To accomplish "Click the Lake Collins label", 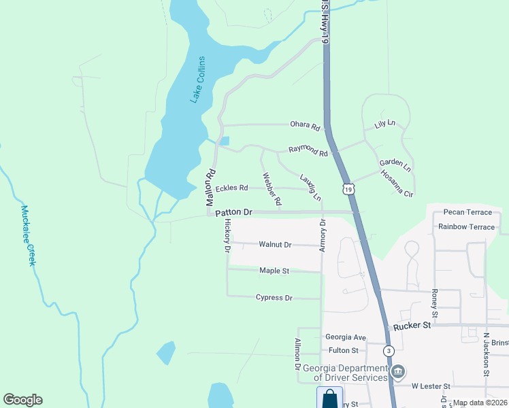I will pos(197,80).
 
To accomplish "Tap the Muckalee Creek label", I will pos(28,235).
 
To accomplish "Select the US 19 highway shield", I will pos(348,189).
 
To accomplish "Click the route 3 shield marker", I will pos(388,351).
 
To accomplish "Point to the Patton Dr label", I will pos(234,213).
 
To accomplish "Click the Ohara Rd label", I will pos(305,126).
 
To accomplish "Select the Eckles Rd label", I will pos(231,188).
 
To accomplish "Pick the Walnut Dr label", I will pos(275,244).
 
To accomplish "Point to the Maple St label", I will pos(274,271).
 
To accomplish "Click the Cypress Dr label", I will pos(274,298).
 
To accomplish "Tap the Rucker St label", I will pos(412,326).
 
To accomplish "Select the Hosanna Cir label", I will pos(397,184).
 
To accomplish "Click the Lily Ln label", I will pos(384,124).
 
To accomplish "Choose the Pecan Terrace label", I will pos(467,213).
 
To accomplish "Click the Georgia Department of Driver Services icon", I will pos(399,371).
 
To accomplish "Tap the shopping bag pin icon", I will pos(330,397).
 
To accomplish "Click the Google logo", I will pos(22,400).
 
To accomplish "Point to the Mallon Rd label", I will pos(211,188).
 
